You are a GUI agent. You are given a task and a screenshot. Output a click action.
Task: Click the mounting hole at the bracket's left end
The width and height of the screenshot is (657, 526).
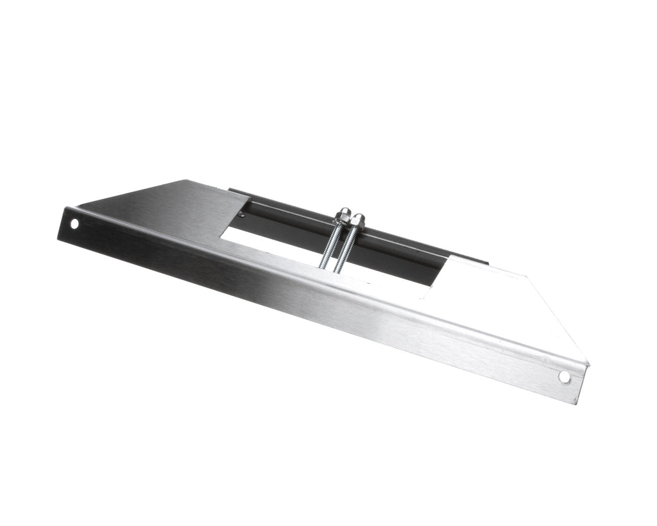pos(74,224)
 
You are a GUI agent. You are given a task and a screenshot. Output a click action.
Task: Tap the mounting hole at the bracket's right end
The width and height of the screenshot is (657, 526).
pos(564,377)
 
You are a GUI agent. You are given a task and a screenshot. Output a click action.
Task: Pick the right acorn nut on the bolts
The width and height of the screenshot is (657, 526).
pos(358,220)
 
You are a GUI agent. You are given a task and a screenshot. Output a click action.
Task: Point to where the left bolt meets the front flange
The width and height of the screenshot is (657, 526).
pos(324,266)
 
